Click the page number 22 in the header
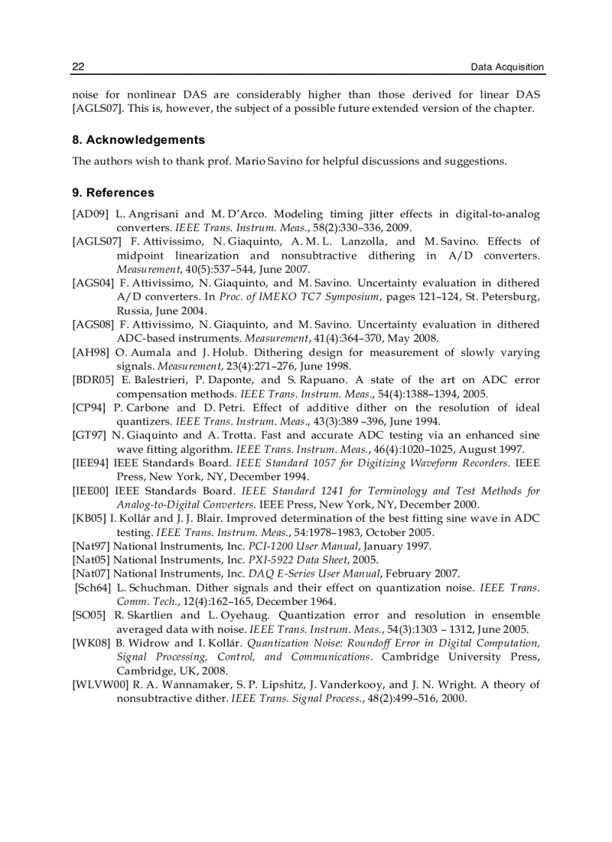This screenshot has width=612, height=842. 78,67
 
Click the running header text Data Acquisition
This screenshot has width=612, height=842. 507,67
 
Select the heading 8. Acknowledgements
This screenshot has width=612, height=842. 138,140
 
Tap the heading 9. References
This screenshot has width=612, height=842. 113,193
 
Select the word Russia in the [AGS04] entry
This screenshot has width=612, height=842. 133,310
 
